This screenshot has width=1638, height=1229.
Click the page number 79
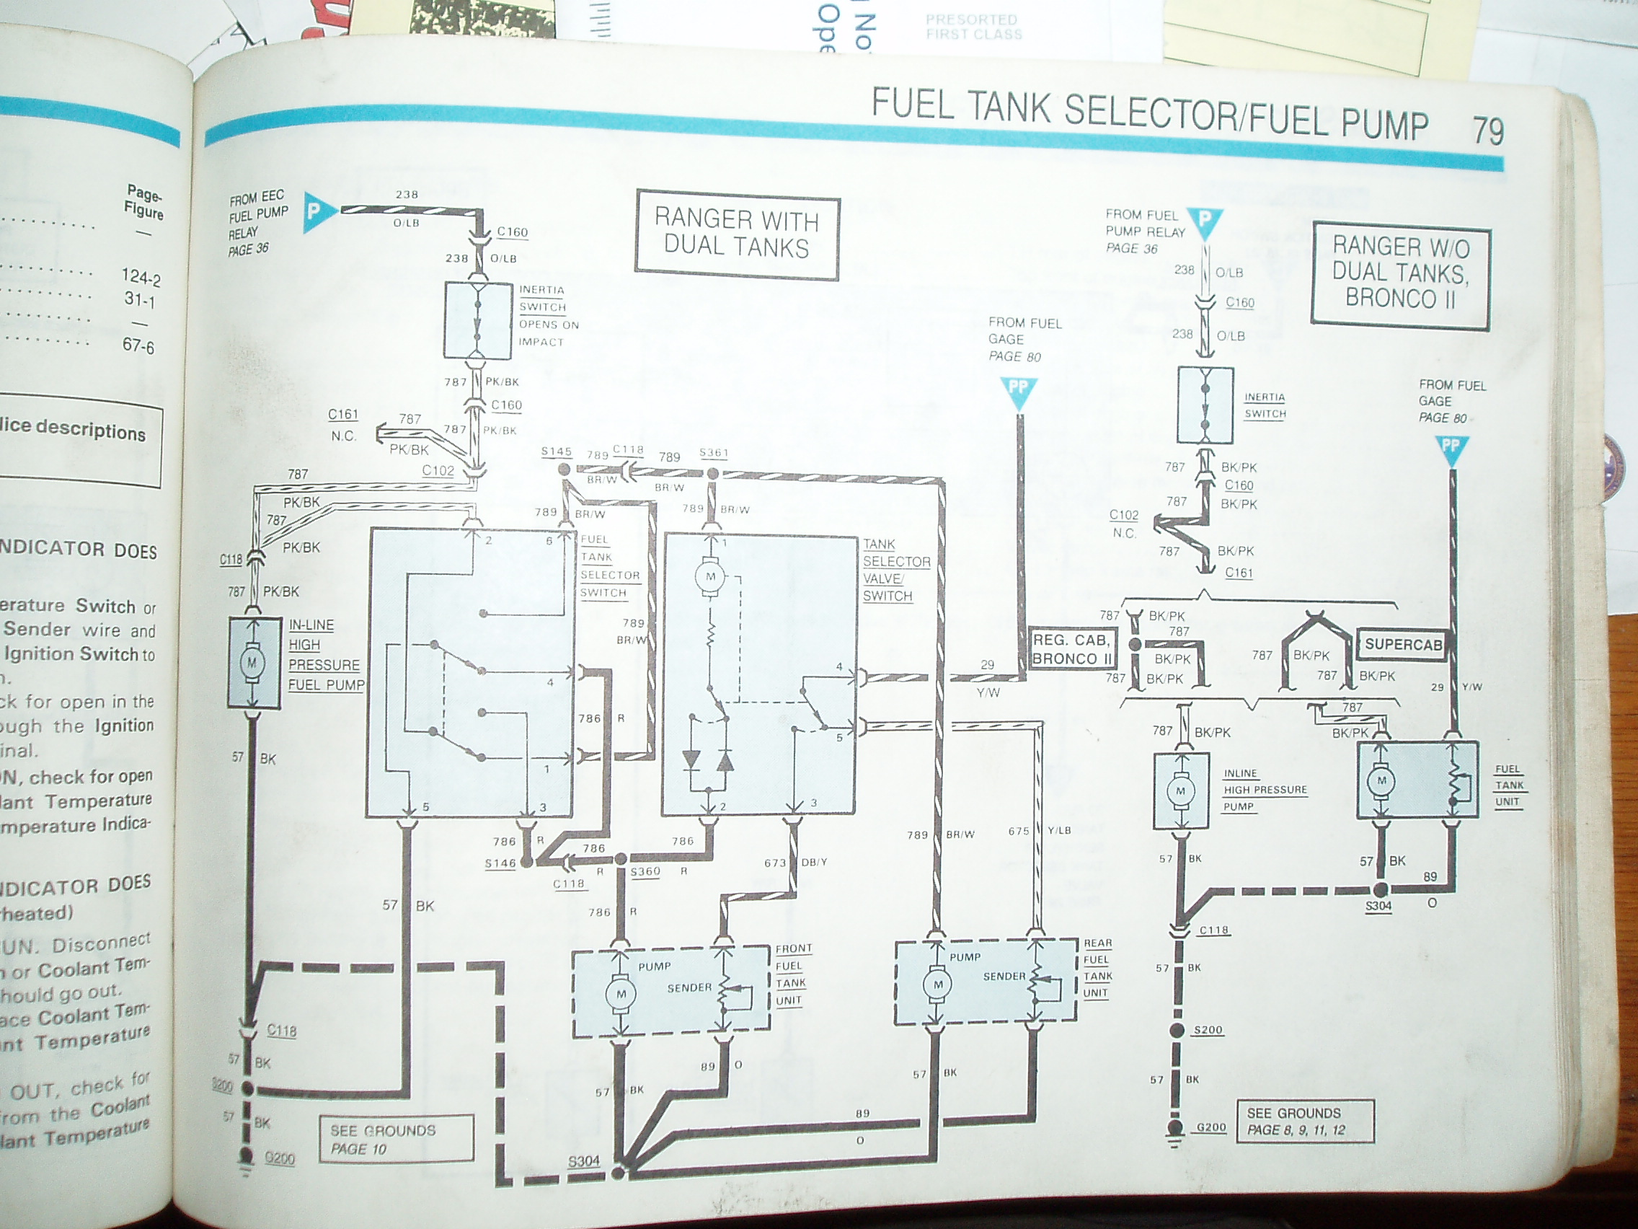(1487, 131)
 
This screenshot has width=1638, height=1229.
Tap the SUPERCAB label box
(1403, 644)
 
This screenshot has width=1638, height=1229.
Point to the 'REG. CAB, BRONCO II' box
(1071, 650)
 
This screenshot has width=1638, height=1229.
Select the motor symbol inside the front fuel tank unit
(621, 993)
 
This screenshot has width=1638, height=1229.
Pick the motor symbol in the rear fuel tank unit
(938, 984)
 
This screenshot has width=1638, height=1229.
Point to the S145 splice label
(557, 452)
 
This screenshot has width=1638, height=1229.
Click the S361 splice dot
(712, 473)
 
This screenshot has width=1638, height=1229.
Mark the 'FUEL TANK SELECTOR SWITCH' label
(609, 566)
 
